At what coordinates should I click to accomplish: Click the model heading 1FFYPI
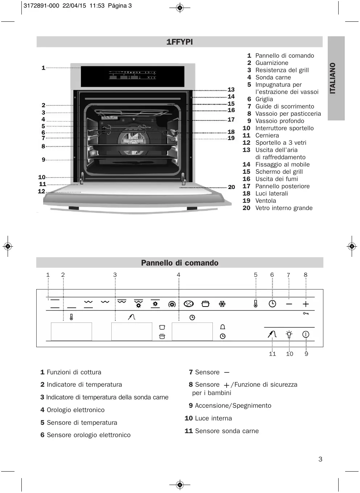coord(179,42)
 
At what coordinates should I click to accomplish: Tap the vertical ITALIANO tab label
coord(333,78)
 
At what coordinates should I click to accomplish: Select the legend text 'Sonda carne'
coord(273,77)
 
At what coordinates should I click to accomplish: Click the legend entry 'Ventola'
coord(265,201)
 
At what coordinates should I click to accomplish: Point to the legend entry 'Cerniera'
coord(267,135)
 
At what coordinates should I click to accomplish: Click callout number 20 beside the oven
coord(231,187)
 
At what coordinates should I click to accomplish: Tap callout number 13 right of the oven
coord(231,90)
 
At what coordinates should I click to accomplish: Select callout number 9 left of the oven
coord(44,160)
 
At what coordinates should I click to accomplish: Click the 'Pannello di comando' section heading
coord(179,263)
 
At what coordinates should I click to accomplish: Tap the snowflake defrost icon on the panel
coord(222,304)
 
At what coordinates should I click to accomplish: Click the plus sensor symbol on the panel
coord(306,304)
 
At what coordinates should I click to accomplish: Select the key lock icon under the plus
coord(306,313)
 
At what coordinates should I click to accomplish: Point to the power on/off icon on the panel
coord(306,334)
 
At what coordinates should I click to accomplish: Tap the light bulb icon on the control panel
coord(289,334)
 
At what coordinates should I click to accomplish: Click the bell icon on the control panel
coord(223,327)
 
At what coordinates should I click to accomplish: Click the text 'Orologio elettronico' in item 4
coord(75,410)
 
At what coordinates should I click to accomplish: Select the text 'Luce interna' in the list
coord(213,418)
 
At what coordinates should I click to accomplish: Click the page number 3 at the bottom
coord(320,459)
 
